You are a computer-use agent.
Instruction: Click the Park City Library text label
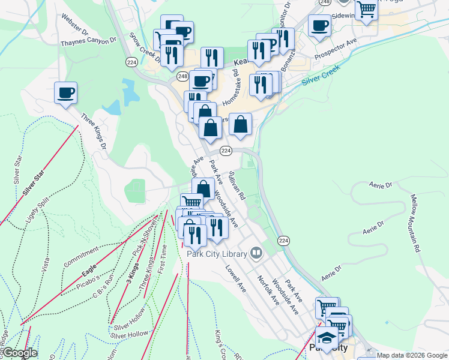coord(217,254)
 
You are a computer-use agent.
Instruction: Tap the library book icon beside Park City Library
coord(257,253)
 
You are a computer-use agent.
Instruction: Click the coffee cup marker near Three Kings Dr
coord(65,94)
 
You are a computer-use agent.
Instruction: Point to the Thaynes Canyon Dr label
coord(88,41)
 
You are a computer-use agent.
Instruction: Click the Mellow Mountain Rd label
coord(415,221)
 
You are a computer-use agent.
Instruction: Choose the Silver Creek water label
coord(321,75)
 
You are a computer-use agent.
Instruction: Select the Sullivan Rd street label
coord(237,185)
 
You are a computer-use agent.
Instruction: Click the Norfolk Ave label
coord(268,289)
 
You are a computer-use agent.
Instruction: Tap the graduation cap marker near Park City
coord(327,338)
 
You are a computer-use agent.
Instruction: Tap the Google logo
coord(19,353)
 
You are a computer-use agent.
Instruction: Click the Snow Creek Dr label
coord(145,47)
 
